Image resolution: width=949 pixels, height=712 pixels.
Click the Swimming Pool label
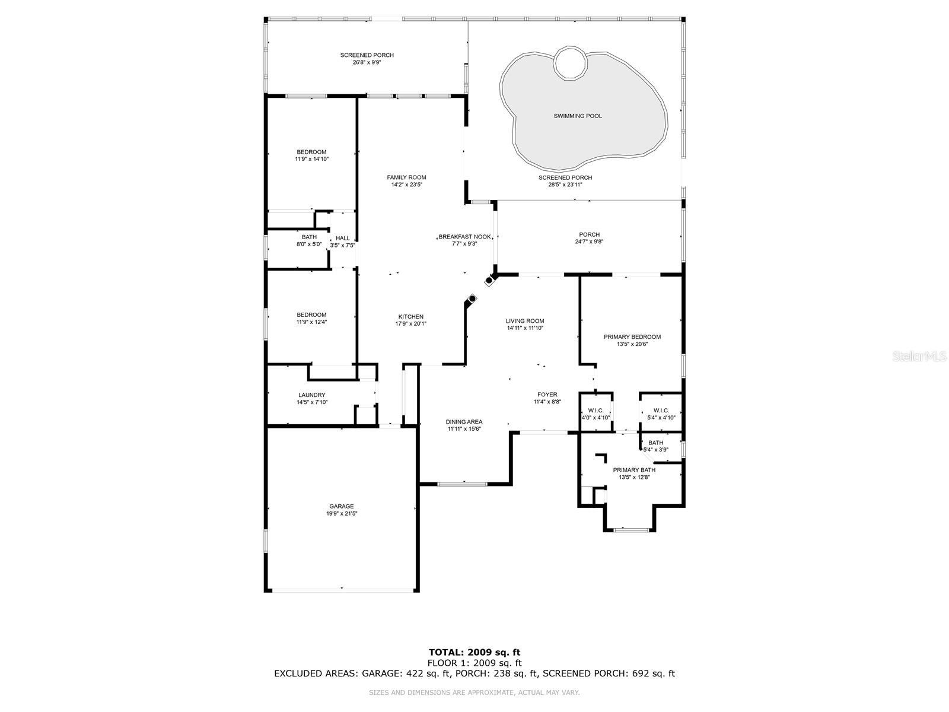[x=578, y=116]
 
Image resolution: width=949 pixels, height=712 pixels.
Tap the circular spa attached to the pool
[x=571, y=63]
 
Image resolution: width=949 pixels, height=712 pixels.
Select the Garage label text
[x=342, y=506]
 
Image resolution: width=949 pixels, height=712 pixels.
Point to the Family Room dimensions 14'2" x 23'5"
[x=406, y=185]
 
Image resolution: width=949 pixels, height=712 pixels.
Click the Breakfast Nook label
[x=465, y=237]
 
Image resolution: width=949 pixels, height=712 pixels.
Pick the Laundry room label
[x=312, y=395]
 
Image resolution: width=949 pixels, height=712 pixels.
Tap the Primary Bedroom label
[x=632, y=337]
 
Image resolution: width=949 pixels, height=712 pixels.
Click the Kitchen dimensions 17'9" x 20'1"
[x=410, y=324]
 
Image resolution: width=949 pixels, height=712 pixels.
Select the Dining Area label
[x=464, y=422]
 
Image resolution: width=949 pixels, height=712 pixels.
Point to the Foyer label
[x=547, y=395]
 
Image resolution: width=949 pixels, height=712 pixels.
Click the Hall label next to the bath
[x=343, y=238]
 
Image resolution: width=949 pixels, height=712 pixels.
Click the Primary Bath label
[x=634, y=470]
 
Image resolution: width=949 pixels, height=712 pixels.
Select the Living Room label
[x=525, y=321]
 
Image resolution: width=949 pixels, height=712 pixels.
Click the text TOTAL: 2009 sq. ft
[x=474, y=652]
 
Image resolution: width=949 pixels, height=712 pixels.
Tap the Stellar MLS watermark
[x=919, y=357]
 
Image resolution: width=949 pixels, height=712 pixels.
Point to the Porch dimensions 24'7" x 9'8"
[x=589, y=241]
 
